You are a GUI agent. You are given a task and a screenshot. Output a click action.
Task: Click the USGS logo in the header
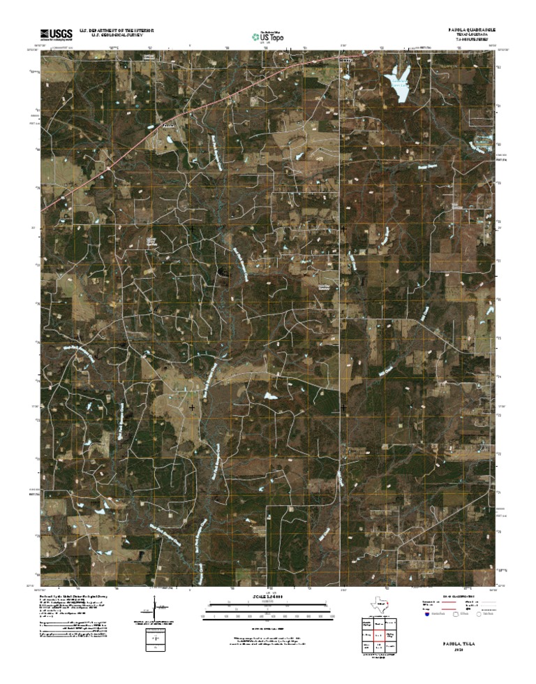click(x=56, y=33)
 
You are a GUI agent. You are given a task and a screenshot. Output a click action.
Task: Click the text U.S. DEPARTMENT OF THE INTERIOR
click(x=117, y=30)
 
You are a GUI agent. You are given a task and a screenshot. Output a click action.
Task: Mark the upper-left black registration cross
click(x=192, y=228)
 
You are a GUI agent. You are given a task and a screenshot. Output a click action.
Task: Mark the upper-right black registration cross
click(x=343, y=228)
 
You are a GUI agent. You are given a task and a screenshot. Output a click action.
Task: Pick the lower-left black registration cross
click(x=192, y=407)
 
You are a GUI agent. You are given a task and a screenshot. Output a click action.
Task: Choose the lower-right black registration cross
click(x=343, y=407)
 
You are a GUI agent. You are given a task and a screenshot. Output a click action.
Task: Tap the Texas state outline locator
click(x=379, y=604)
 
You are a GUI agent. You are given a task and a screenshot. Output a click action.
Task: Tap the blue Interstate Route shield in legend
click(x=426, y=614)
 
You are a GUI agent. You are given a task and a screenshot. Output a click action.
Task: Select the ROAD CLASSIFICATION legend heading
click(x=457, y=596)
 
